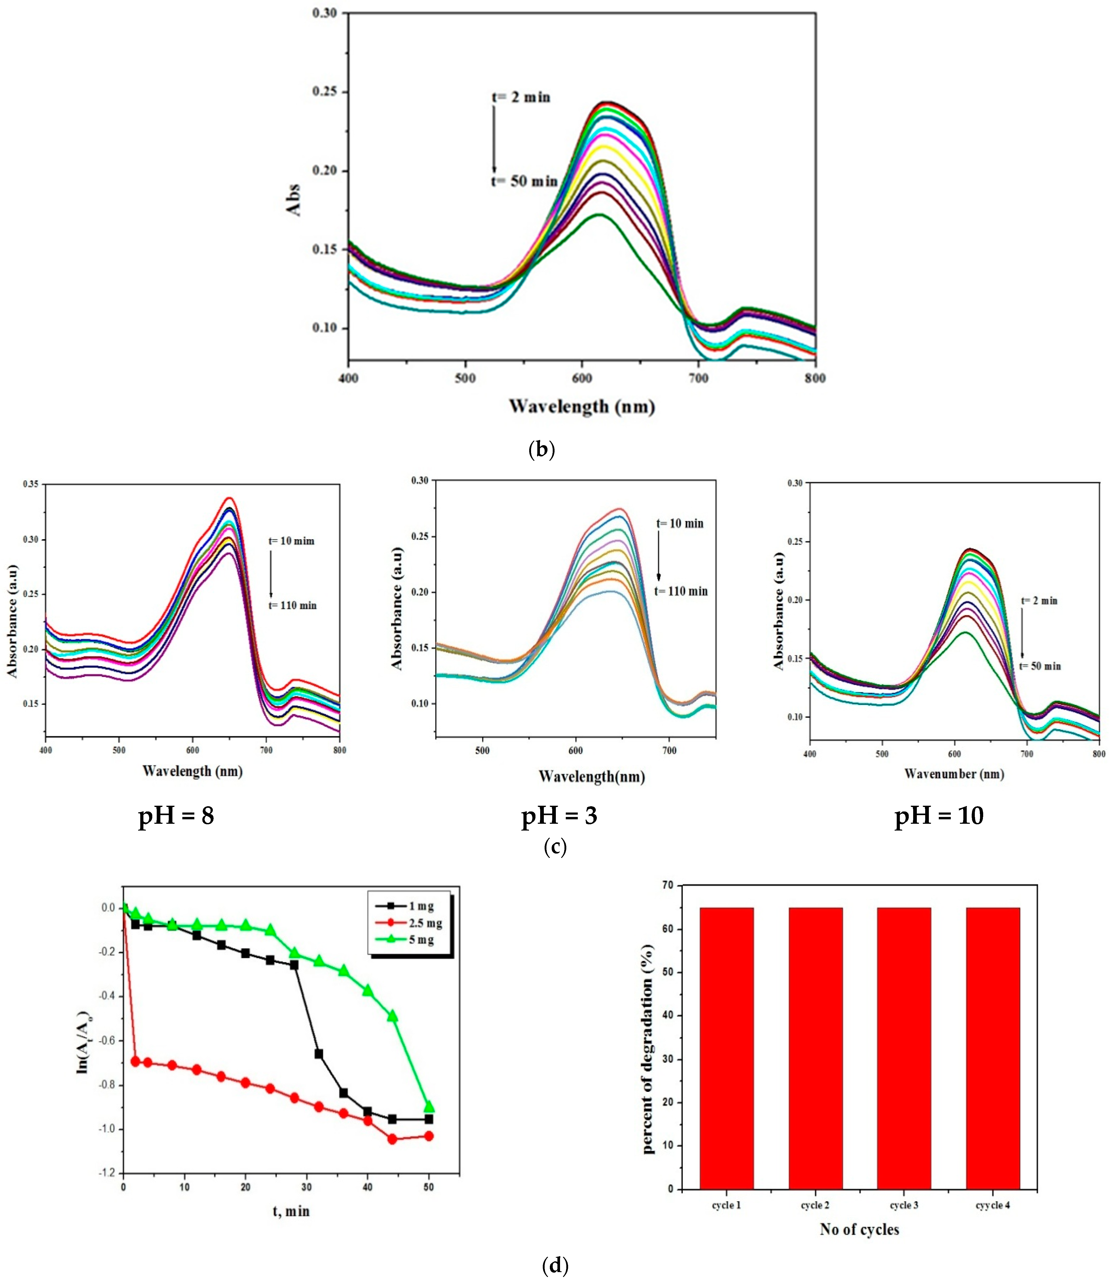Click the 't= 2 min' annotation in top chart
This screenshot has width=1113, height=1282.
point(521,97)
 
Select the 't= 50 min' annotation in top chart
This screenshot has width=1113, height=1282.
point(525,181)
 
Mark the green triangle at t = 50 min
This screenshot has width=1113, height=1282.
point(429,1107)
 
